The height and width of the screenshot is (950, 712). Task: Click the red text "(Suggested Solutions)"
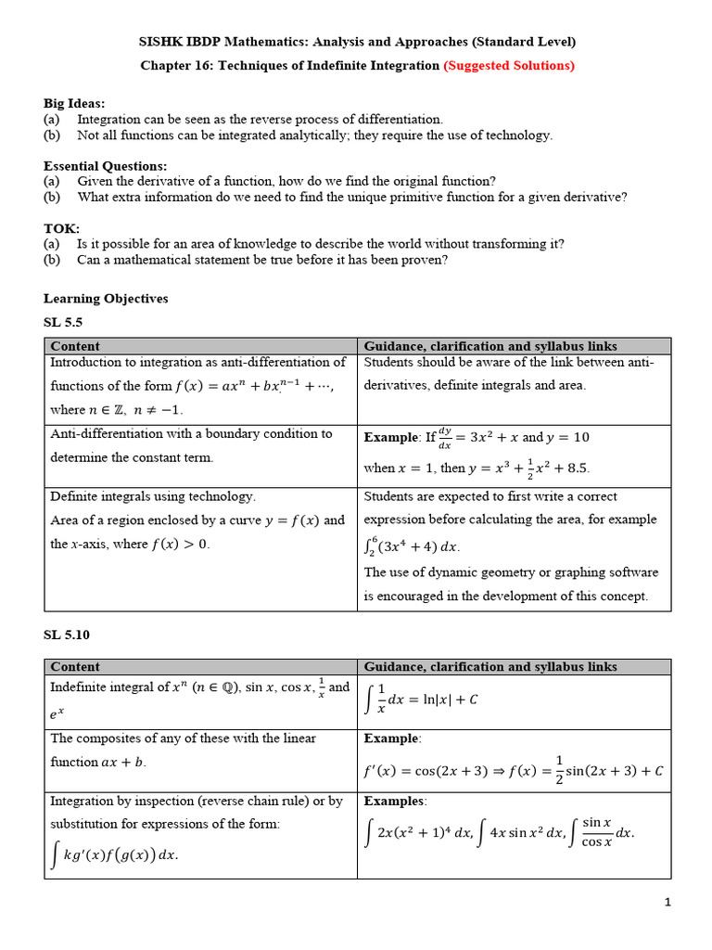(509, 66)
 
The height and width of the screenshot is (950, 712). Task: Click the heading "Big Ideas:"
(74, 103)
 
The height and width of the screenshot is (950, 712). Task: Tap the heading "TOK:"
(61, 227)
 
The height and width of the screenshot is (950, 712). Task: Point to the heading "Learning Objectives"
(106, 299)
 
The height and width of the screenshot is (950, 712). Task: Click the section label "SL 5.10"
(67, 635)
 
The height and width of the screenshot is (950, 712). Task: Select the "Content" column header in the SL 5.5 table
(75, 346)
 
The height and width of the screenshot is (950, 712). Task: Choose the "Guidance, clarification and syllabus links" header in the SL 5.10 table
(490, 666)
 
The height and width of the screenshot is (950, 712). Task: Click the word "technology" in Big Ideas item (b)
(517, 135)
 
